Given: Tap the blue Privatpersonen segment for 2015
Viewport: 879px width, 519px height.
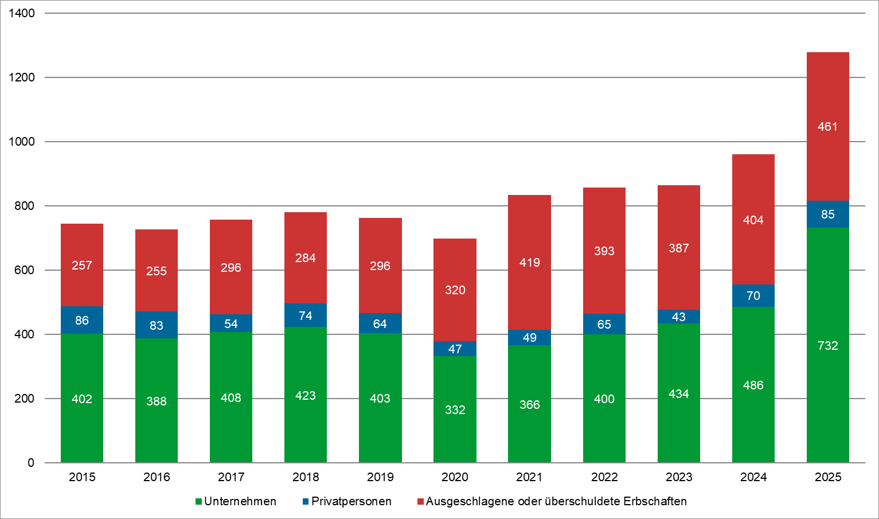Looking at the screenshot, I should [x=82, y=320].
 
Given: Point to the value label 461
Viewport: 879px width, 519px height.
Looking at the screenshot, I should [x=827, y=127].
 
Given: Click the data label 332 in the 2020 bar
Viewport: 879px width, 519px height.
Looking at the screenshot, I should [x=455, y=410].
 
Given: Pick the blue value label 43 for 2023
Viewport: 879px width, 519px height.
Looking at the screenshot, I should [x=678, y=317].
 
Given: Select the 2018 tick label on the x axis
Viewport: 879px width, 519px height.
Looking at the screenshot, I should [x=306, y=477].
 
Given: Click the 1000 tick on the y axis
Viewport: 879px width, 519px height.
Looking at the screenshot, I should [x=21, y=142].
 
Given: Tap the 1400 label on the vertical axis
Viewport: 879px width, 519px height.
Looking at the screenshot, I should [x=21, y=13].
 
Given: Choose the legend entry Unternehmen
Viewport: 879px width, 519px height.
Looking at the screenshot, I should [x=240, y=501].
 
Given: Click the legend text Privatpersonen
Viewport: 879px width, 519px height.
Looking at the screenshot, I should [x=351, y=501].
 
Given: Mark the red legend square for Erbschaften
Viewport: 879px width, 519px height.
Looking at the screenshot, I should [x=421, y=502].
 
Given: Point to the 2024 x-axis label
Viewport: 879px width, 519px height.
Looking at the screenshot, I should [x=753, y=477].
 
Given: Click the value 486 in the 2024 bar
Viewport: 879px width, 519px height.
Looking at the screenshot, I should [x=753, y=385].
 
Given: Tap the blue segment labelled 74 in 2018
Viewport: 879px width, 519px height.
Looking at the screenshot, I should [x=306, y=315].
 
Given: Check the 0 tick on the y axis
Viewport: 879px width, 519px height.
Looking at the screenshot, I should [x=30, y=463].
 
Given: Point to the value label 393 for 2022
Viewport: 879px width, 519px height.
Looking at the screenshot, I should [x=604, y=251].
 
